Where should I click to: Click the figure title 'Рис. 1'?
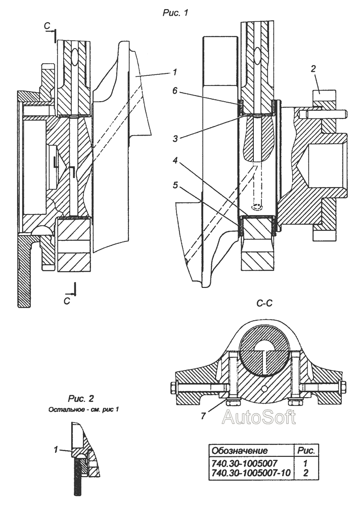pos(175,13)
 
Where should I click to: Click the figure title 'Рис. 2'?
pos(80,399)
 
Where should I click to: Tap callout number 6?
pos(174,91)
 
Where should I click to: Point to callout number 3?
pos(175,139)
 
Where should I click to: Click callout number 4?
pos(175,160)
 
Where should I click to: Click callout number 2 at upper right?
pos(313,69)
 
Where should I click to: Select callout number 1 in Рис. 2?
pos(56,449)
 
